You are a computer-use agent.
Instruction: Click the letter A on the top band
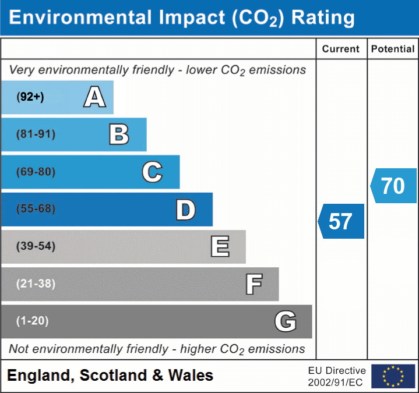click(x=94, y=97)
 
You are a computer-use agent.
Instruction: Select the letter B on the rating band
click(x=119, y=134)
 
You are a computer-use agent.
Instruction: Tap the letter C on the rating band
click(x=152, y=172)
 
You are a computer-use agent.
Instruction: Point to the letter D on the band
click(x=185, y=210)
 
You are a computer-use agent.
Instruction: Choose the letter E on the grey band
click(x=219, y=246)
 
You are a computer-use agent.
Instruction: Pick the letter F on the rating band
click(x=253, y=284)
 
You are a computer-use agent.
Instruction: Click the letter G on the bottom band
click(x=286, y=321)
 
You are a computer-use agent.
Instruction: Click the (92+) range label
click(x=30, y=97)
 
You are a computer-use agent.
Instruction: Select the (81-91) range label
click(x=36, y=134)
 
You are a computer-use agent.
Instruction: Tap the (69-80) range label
click(x=36, y=172)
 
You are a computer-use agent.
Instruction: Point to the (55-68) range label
click(x=36, y=209)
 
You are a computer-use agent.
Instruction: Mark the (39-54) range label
click(x=36, y=246)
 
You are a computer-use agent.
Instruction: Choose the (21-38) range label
click(x=36, y=284)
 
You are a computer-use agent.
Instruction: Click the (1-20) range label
click(x=33, y=321)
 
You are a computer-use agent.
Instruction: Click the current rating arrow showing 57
click(x=341, y=221)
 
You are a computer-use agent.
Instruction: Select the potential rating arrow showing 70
click(x=393, y=186)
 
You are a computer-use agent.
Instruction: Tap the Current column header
click(x=341, y=49)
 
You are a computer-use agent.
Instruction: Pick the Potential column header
click(x=393, y=49)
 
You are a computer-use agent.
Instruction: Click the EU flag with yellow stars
click(x=393, y=376)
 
